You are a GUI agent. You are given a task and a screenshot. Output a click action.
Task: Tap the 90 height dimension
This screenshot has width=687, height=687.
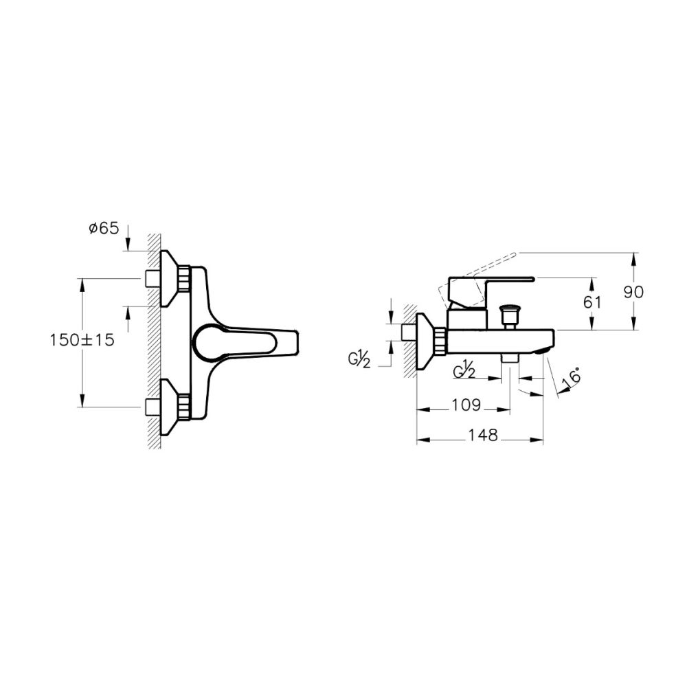pos(633,291)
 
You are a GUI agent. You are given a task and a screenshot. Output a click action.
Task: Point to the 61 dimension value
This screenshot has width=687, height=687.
pos(592,302)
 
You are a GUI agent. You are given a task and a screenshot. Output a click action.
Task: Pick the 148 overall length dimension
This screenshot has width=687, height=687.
pos(482,436)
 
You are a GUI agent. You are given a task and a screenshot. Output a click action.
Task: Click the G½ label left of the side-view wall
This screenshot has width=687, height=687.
pos(359,359)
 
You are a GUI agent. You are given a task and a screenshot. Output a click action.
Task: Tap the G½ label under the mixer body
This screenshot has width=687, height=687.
pos(464,371)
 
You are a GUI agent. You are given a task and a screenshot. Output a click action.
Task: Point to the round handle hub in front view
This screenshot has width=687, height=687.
pos(206,341)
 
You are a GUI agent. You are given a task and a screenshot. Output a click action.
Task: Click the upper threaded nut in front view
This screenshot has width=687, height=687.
pos(183,279)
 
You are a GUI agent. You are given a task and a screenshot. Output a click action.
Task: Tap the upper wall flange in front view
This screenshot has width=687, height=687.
pos(168,278)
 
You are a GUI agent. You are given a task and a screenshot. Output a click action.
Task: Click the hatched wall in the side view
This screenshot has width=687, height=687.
pos(409,341)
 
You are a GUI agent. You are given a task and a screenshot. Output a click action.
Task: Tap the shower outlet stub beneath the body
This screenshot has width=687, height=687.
pos(509,359)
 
